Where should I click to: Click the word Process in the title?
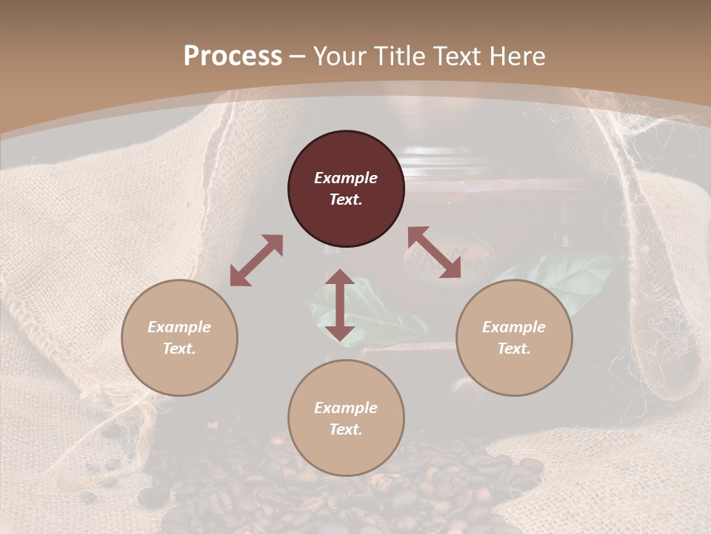point(233,56)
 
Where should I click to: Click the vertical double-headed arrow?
point(340,305)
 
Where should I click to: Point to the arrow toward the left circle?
point(256,260)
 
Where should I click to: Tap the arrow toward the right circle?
point(434,252)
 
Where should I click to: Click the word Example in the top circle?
point(346,178)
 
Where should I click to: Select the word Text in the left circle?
point(179,349)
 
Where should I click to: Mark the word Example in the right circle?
point(514,327)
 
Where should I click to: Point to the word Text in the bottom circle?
point(346,429)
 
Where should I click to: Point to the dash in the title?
point(298,56)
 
